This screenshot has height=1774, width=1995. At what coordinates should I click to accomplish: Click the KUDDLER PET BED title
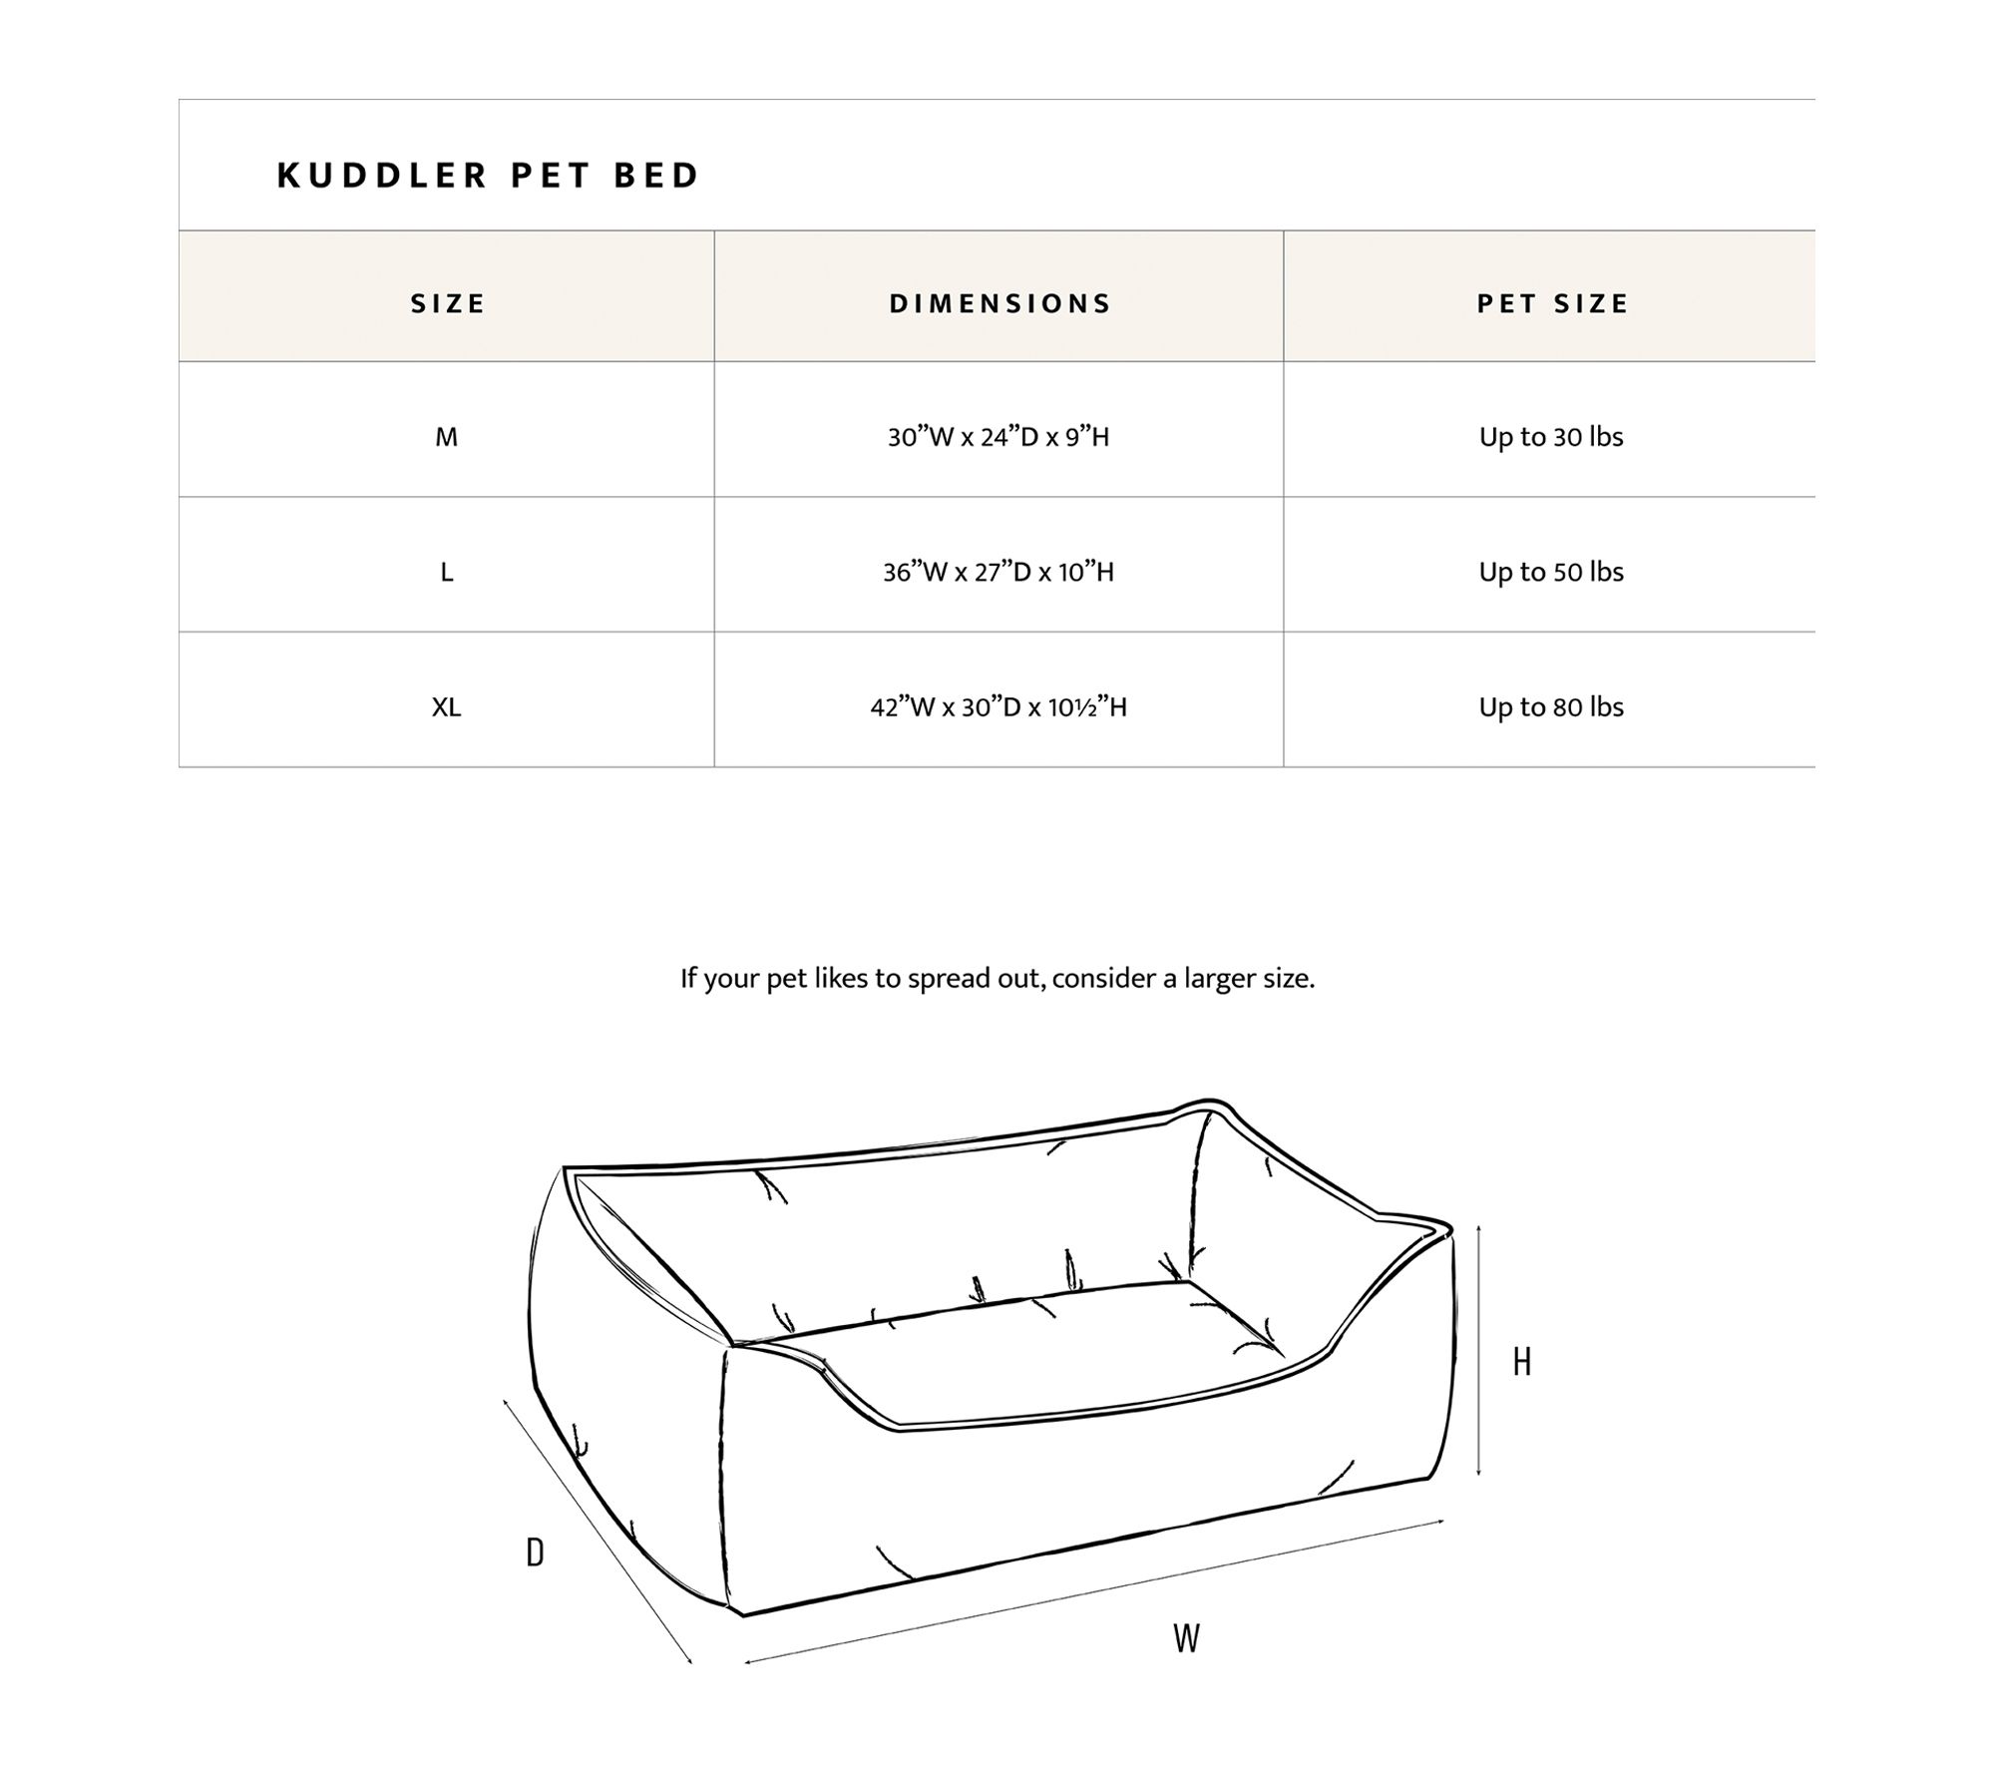[x=488, y=176]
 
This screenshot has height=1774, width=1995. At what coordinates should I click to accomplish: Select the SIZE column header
[x=448, y=303]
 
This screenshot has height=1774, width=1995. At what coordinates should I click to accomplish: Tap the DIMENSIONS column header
[x=999, y=303]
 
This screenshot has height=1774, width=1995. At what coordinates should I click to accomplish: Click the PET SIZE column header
[x=1552, y=303]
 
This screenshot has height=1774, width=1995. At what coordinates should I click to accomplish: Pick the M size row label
[x=447, y=437]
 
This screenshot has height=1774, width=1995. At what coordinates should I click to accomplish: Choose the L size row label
[x=447, y=573]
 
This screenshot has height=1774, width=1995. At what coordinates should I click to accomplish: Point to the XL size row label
[x=447, y=707]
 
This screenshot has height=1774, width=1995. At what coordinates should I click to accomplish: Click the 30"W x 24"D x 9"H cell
[x=998, y=437]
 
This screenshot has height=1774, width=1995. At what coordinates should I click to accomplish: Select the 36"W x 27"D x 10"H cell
[x=998, y=573]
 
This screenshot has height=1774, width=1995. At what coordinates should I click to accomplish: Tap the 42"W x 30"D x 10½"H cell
[x=998, y=707]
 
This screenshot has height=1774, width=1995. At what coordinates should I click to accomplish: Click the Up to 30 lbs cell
[x=1551, y=437]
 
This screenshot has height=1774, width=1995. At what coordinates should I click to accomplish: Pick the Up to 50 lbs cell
[x=1551, y=573]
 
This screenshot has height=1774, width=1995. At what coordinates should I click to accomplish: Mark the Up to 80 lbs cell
[x=1551, y=707]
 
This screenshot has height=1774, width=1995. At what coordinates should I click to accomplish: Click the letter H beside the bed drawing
[x=1521, y=1362]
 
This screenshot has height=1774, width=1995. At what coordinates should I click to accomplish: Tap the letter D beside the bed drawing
[x=536, y=1552]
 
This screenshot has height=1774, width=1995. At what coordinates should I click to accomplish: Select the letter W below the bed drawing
[x=1186, y=1638]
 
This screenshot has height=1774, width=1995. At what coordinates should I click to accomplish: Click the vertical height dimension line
[x=1478, y=1352]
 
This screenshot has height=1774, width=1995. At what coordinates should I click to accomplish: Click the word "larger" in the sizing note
[x=1220, y=979]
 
